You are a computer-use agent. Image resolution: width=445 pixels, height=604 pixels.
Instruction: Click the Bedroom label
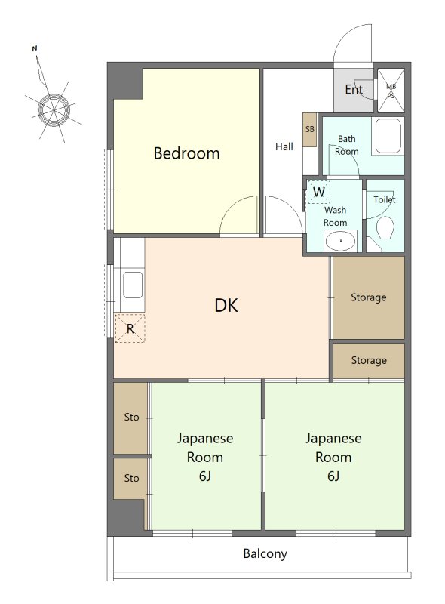(x=187, y=153)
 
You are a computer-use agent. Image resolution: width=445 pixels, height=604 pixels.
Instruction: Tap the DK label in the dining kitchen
(x=226, y=306)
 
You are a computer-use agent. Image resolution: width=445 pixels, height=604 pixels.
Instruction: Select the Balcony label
(x=265, y=554)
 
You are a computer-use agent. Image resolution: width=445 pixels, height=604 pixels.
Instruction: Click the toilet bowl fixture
(x=385, y=227)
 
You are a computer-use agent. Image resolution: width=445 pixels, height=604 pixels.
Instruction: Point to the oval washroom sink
(x=340, y=241)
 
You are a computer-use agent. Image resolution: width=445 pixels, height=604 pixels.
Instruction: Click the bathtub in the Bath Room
(x=388, y=136)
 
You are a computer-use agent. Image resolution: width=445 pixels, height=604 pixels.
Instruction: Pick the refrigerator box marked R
(x=130, y=328)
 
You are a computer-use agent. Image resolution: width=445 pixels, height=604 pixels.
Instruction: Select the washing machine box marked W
(x=318, y=192)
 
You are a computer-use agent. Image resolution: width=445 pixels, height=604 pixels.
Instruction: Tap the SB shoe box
(x=309, y=129)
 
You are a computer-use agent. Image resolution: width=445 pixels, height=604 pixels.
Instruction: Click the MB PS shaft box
(x=391, y=91)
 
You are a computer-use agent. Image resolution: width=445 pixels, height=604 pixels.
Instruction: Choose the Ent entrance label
(x=354, y=90)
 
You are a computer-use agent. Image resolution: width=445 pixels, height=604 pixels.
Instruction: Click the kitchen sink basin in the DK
(x=133, y=285)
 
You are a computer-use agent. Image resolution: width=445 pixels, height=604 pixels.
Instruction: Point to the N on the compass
(x=35, y=48)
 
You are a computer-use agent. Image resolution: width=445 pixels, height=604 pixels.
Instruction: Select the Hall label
(x=284, y=146)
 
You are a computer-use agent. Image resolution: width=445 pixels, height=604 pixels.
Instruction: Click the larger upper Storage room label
(x=368, y=297)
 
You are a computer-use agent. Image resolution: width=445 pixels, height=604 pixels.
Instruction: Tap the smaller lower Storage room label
(x=369, y=361)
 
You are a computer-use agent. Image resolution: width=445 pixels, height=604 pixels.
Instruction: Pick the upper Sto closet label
(x=131, y=418)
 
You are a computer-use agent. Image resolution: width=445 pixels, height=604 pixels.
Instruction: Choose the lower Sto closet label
(x=131, y=479)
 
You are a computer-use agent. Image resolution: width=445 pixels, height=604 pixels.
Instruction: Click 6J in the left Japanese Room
(x=205, y=476)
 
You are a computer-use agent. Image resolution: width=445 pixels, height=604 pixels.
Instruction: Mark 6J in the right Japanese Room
(x=333, y=476)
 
